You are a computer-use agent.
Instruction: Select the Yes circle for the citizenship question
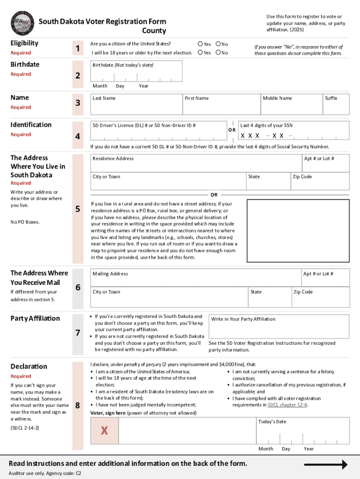point(201,44)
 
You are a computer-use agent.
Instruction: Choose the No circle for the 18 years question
point(218,53)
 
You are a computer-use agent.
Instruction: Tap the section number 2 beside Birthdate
point(78,76)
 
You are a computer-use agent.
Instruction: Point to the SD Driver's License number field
point(158,133)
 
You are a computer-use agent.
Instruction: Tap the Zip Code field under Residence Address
point(319,181)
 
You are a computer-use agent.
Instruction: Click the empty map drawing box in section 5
point(297,230)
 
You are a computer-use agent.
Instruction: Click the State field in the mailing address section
point(268,297)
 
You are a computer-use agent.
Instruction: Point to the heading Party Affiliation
point(35,319)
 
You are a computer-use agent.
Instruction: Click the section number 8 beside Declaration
point(78,406)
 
